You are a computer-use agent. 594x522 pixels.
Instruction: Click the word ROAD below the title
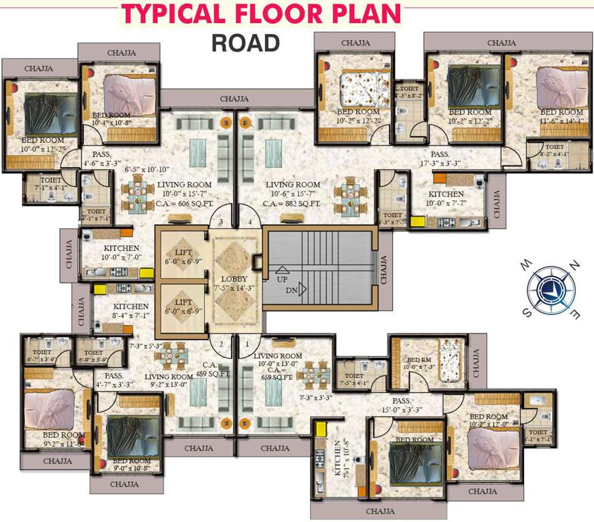pos(245,42)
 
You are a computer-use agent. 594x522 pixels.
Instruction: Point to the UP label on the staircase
pos(281,279)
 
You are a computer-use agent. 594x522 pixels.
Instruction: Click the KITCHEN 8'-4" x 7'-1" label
pos(131,311)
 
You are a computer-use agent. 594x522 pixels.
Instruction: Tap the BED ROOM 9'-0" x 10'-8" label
pos(131,464)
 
